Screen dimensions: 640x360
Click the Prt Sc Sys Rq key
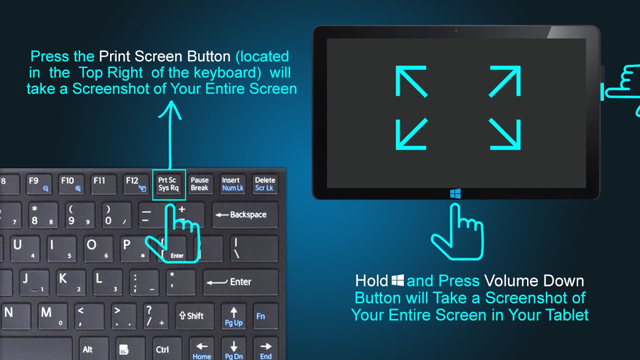click(169, 184)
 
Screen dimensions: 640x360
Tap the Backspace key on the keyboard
click(245, 215)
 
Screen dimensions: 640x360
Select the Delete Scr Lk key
click(265, 184)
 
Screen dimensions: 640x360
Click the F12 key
click(136, 184)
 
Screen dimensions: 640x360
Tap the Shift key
click(195, 316)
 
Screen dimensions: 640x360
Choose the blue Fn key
click(266, 316)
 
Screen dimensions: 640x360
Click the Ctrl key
click(167, 349)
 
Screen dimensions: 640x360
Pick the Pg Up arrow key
click(234, 316)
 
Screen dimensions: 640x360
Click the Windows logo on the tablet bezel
click(455, 194)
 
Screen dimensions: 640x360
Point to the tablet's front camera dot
click(456, 31)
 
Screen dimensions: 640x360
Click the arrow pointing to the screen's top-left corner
click(411, 81)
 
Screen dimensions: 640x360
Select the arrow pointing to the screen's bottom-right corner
click(505, 134)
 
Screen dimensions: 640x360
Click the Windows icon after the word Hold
click(397, 280)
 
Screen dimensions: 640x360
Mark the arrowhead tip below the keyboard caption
click(171, 101)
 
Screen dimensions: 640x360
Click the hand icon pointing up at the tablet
click(458, 232)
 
